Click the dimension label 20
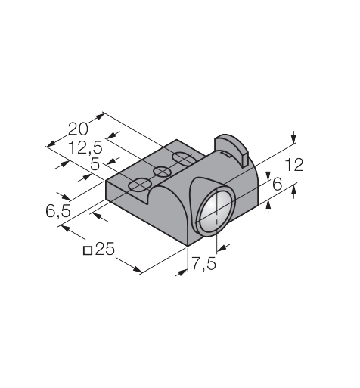[78, 129]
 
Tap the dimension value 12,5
[85, 147]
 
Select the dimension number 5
[95, 165]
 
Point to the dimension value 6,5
[58, 211]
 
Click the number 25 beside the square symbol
[105, 249]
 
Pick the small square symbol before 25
[88, 250]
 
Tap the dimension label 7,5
[204, 264]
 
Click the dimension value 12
[294, 165]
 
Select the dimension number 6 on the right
[278, 185]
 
